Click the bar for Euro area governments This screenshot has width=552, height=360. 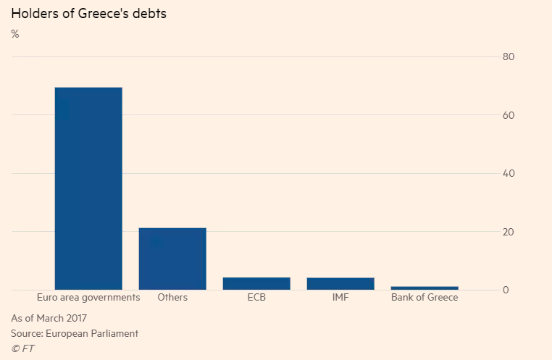pyautogui.click(x=88, y=188)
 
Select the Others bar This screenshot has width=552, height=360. pyautogui.click(x=172, y=259)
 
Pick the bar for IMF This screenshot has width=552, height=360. pyautogui.click(x=340, y=283)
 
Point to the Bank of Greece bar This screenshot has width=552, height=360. pyautogui.click(x=425, y=288)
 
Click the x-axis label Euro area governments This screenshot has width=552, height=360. pyautogui.click(x=88, y=298)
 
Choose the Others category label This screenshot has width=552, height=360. pyautogui.click(x=172, y=298)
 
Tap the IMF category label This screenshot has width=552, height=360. pyautogui.click(x=340, y=298)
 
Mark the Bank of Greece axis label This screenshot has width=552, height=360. pyautogui.click(x=425, y=298)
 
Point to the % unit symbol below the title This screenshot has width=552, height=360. pyautogui.click(x=14, y=34)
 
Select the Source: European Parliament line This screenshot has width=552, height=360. pyautogui.click(x=75, y=333)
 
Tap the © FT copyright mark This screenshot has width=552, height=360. pyautogui.click(x=22, y=348)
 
